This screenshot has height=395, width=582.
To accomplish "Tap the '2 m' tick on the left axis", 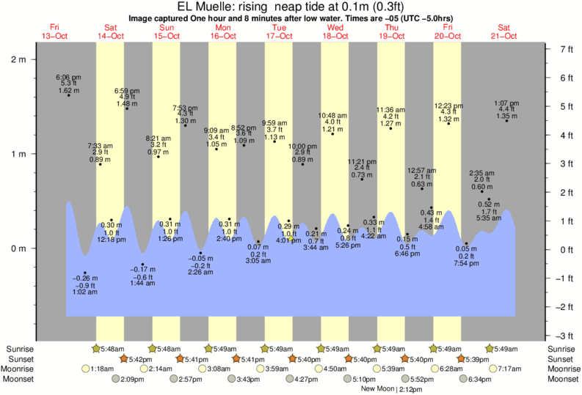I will click(x=17, y=59).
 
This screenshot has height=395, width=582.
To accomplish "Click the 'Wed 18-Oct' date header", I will click(x=335, y=32).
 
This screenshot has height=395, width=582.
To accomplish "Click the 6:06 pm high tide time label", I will click(x=68, y=77).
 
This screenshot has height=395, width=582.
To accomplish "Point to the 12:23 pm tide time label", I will click(x=448, y=105).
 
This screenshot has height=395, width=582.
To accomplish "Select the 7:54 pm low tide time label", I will click(x=466, y=264).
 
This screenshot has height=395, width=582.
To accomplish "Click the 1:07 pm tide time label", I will click(x=506, y=103).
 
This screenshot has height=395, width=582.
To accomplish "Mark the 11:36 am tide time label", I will click(x=390, y=110).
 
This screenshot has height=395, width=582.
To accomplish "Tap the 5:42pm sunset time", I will click(x=140, y=359).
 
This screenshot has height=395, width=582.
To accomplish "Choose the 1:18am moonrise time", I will click(x=103, y=369).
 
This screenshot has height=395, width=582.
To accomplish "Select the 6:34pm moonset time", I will click(x=479, y=379).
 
